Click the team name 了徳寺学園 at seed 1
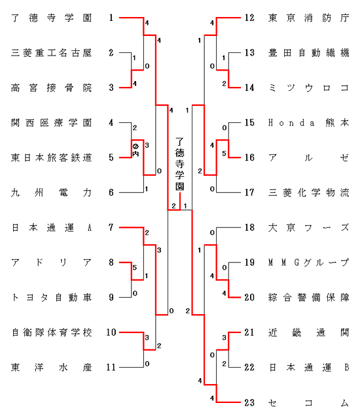pyautogui.click(x=52, y=18)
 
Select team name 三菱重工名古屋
pyautogui.click(x=52, y=53)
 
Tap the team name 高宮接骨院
pyautogui.click(x=52, y=88)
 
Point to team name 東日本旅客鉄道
pyautogui.click(x=52, y=158)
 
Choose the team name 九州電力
pyautogui.click(x=52, y=192)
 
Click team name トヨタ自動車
pyautogui.click(x=52, y=297)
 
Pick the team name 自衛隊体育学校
pyautogui.click(x=52, y=332)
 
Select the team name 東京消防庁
pyautogui.click(x=309, y=18)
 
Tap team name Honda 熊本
pyautogui.click(x=309, y=123)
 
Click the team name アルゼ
pyautogui.click(x=309, y=158)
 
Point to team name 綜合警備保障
pyautogui.click(x=309, y=297)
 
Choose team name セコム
pyautogui.click(x=309, y=402)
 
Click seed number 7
pyautogui.click(x=111, y=228)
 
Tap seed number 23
pyautogui.click(x=249, y=402)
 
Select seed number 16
pyautogui.click(x=249, y=158)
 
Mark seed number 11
pyautogui.click(x=111, y=367)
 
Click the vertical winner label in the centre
pyautogui.click(x=179, y=164)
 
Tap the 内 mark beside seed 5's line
pyautogui.click(x=135, y=154)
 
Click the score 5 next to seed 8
pyautogui.click(x=135, y=268)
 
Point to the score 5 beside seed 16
pyautogui.click(x=224, y=154)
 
